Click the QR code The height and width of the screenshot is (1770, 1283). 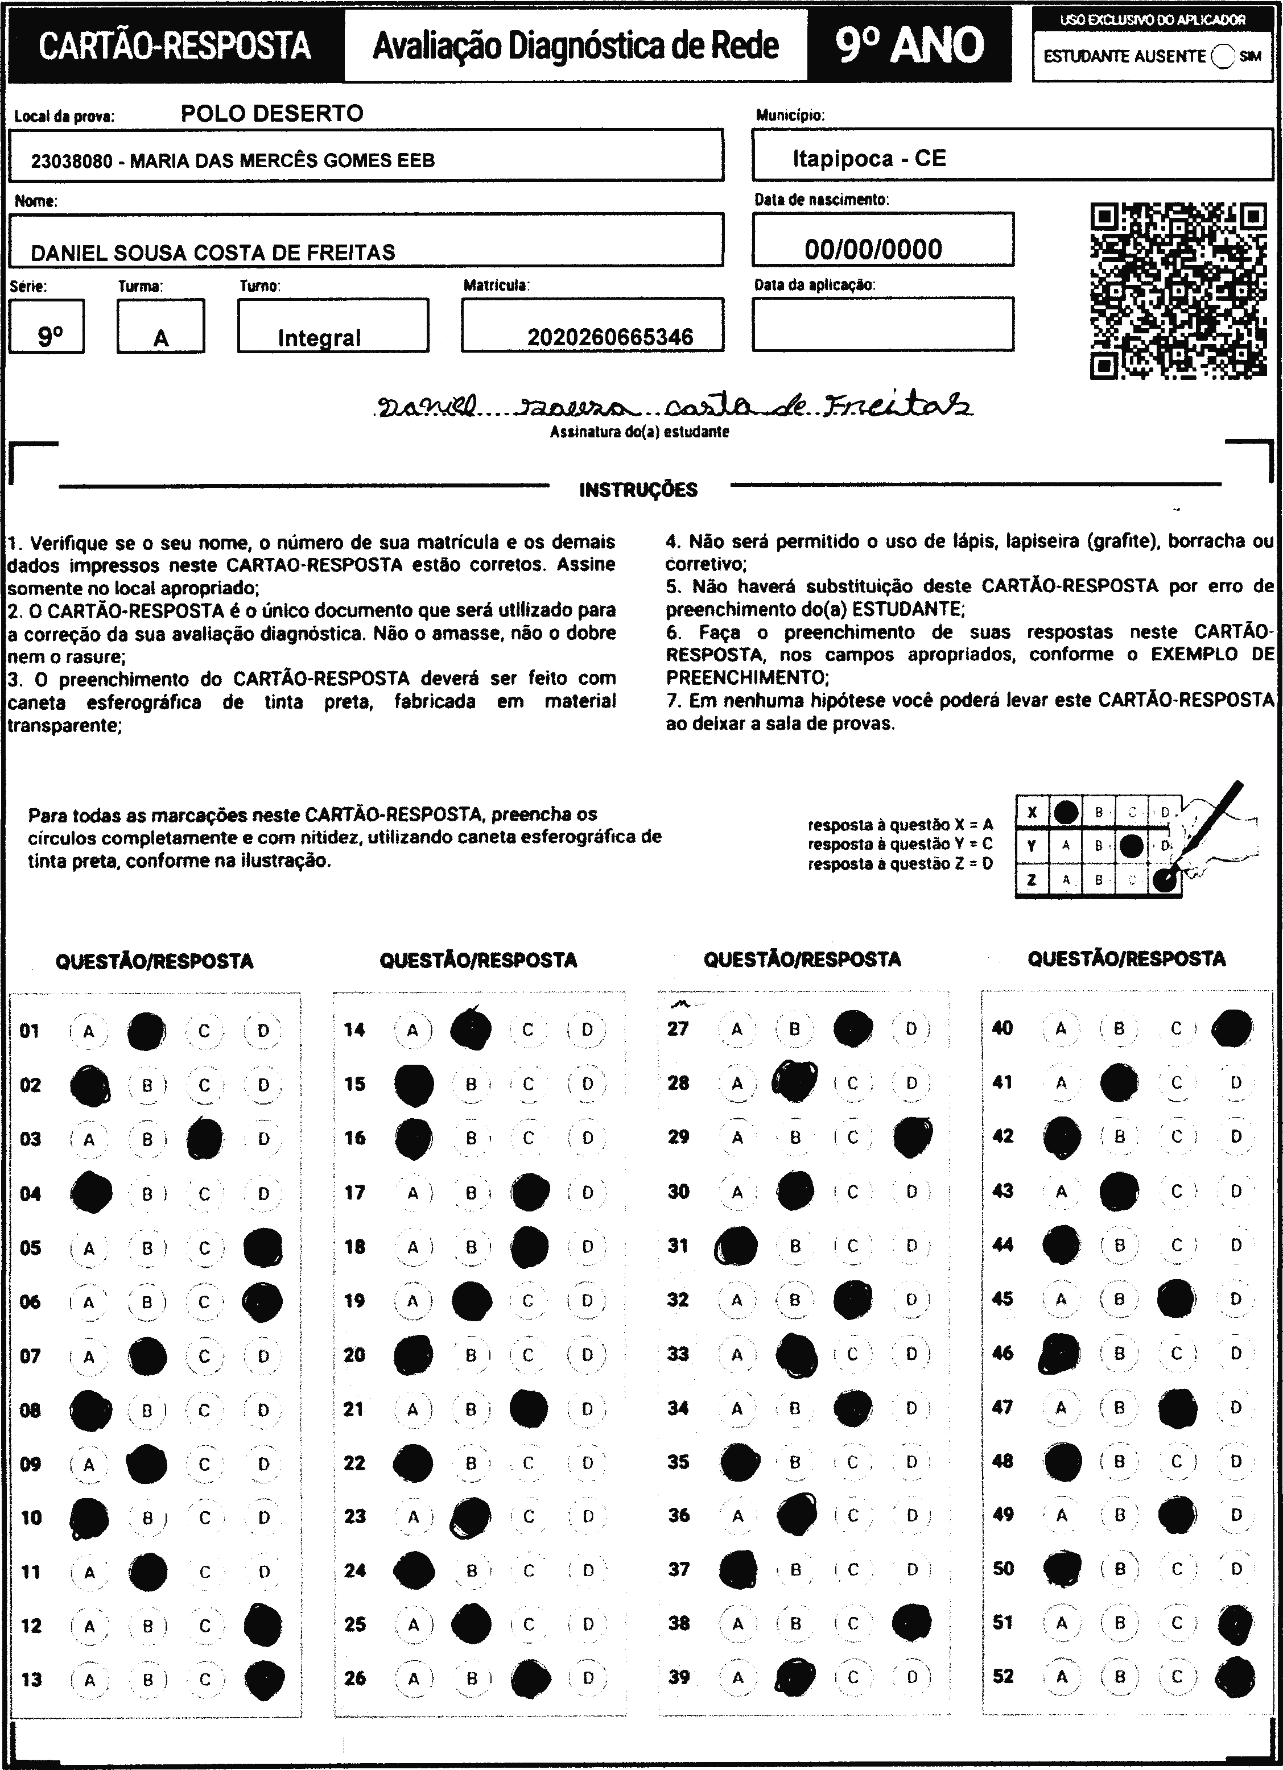pos(1178,290)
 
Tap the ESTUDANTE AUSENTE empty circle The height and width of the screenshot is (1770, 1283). pos(1223,56)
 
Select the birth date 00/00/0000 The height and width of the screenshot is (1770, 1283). pos(873,250)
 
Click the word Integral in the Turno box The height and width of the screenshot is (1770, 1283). pos(319,338)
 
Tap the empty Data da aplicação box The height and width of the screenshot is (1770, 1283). pos(882,325)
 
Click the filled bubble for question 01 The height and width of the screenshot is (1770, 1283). pos(146,1031)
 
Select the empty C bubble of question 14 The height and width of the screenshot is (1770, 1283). pos(528,1030)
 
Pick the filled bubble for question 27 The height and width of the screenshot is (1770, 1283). pos(853,1028)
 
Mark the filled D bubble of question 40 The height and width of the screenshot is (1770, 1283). pos(1233,1028)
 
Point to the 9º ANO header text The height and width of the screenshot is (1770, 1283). pos(909,46)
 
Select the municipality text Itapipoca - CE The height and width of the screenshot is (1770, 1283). pos(869,159)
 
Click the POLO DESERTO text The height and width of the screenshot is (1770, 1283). pos(272,114)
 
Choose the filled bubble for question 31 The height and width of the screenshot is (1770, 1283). pos(736,1246)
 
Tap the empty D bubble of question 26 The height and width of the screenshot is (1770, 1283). pos(588,1678)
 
